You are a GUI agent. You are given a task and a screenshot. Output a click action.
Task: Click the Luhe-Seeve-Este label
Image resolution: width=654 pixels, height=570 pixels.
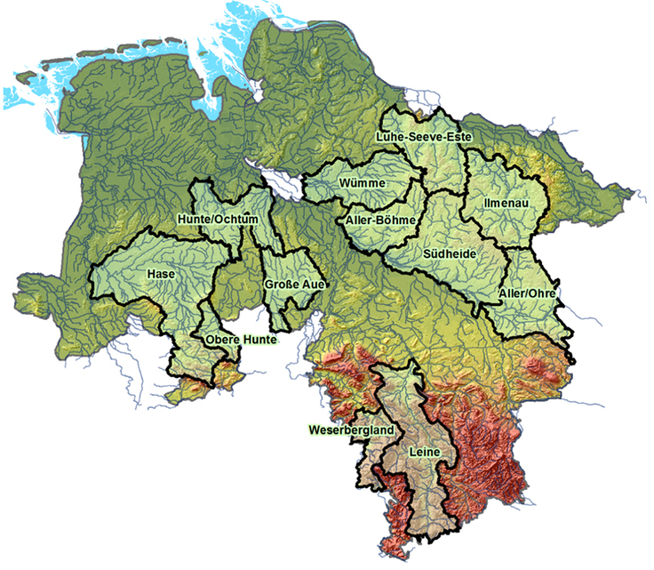424,136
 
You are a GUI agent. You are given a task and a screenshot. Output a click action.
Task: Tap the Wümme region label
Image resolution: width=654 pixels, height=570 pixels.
362,183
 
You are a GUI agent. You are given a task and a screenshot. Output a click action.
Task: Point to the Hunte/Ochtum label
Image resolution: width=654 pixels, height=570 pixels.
218,219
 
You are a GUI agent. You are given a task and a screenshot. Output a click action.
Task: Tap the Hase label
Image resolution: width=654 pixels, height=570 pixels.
162,274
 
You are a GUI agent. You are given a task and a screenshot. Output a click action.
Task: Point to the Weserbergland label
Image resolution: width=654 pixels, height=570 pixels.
352,430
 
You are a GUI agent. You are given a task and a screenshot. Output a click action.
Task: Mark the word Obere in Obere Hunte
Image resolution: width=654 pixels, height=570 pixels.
220,340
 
